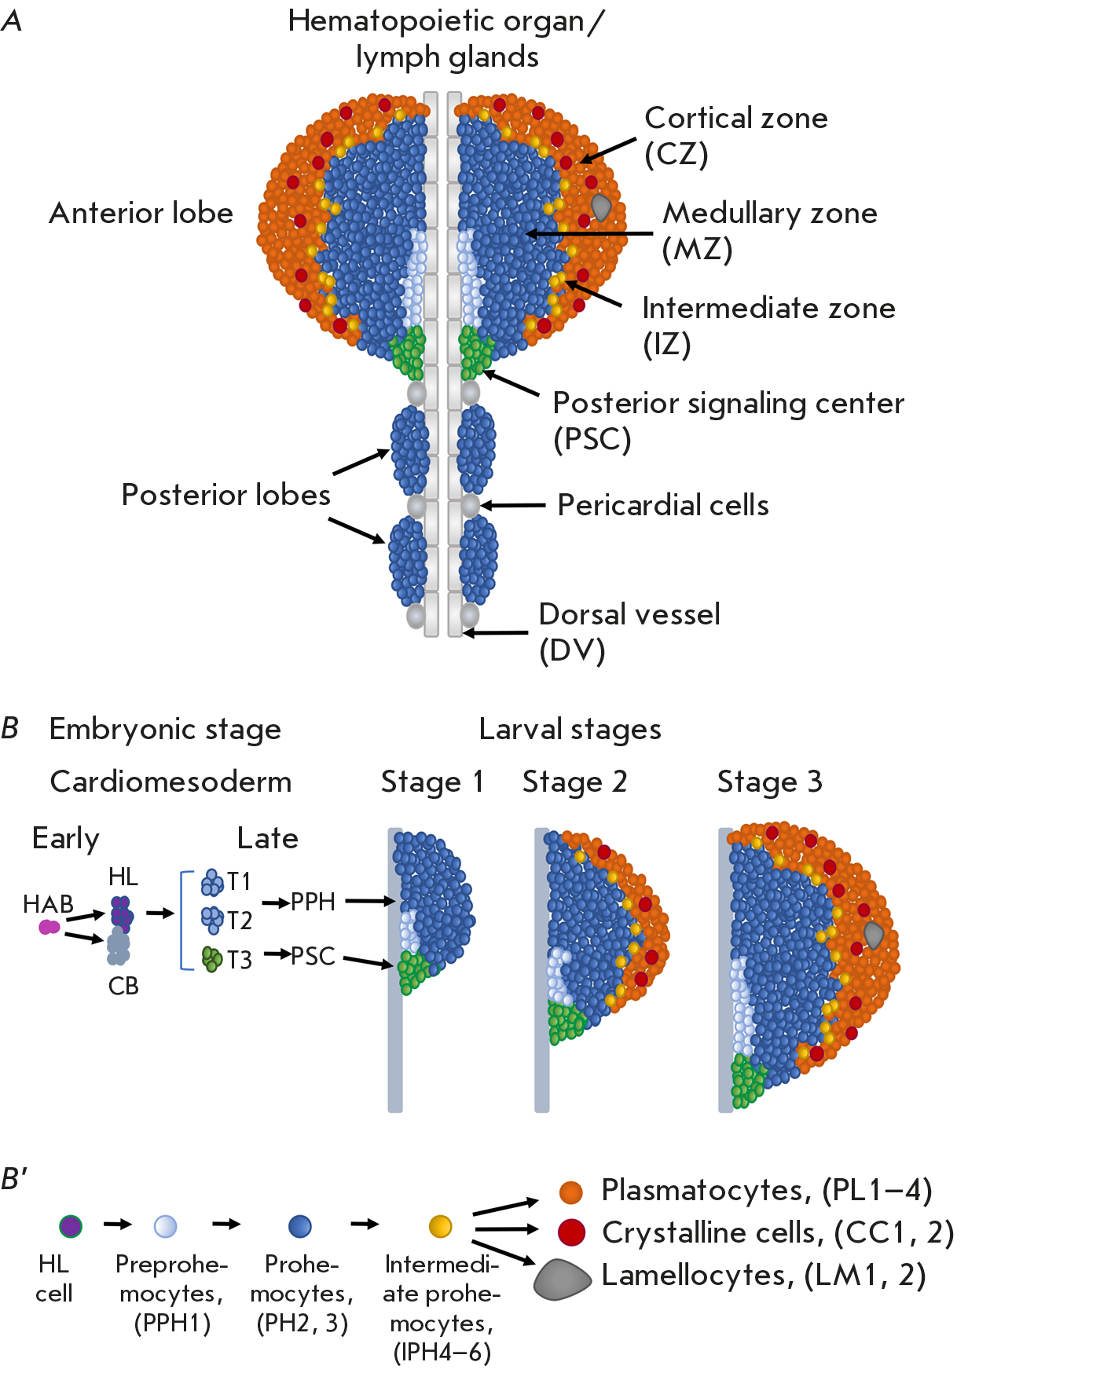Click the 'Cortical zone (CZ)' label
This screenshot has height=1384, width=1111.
[x=735, y=136]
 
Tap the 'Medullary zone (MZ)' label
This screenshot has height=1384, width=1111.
[x=769, y=231]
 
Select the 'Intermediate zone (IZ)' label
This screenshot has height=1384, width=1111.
[x=768, y=326]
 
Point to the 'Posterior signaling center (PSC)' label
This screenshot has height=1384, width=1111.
[x=728, y=420]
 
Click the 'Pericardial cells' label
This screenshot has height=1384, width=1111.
[x=662, y=505]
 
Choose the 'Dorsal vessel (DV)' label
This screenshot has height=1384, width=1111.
[x=629, y=632]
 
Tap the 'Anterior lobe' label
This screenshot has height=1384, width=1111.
[x=141, y=213]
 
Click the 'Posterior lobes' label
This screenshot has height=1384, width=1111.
[x=225, y=495]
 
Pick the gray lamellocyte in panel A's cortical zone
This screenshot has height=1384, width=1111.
[x=601, y=207]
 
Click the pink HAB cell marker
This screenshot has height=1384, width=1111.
[x=49, y=927]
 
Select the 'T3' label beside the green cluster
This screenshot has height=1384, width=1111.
[x=239, y=960]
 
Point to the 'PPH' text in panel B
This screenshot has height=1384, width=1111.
[x=313, y=902]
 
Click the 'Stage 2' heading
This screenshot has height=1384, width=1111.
[x=574, y=782]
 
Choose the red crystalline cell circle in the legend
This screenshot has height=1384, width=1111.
[x=571, y=1232]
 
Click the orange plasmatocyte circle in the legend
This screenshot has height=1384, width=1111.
[x=571, y=1192]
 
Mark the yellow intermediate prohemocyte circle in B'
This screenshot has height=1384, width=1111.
[x=441, y=1225]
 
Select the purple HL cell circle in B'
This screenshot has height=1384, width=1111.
[x=71, y=1225]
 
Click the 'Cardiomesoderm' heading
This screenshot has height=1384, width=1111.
[x=170, y=782]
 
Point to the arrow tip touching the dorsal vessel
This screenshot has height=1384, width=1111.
[x=465, y=632]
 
